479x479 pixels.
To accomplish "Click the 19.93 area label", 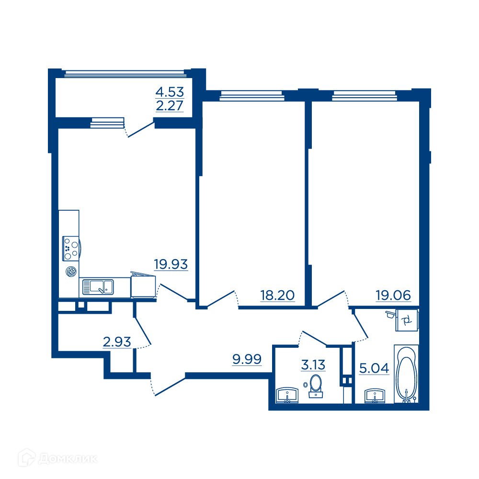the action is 171,264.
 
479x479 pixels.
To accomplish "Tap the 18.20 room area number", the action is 277,296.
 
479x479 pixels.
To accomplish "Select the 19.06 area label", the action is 393,296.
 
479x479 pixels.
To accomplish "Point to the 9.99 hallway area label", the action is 247,359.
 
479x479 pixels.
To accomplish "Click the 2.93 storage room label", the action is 117,342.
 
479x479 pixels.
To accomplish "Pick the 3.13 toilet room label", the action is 313,365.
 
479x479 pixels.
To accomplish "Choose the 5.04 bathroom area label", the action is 374,368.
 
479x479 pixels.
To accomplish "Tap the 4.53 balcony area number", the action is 170,92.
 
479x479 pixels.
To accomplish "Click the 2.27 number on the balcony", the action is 170,106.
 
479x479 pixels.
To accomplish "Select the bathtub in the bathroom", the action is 406,374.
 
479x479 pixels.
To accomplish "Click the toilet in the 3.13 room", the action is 316,386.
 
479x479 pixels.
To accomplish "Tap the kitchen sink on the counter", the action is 98,287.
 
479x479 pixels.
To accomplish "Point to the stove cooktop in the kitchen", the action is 71,248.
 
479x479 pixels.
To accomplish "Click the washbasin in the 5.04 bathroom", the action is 375,396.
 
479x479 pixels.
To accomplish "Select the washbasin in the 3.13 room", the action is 287,395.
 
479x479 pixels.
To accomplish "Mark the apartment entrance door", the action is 168,386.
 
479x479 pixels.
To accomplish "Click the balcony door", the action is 139,129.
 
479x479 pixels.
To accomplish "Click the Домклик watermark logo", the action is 58,458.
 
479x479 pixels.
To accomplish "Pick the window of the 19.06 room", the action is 365,96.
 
